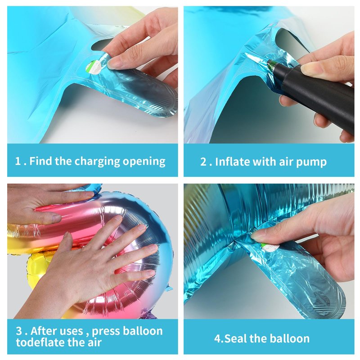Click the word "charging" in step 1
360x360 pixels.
click(97, 162)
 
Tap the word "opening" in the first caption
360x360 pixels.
click(144, 162)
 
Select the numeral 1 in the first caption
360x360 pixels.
click(18, 161)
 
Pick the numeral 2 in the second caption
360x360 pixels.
click(203, 162)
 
